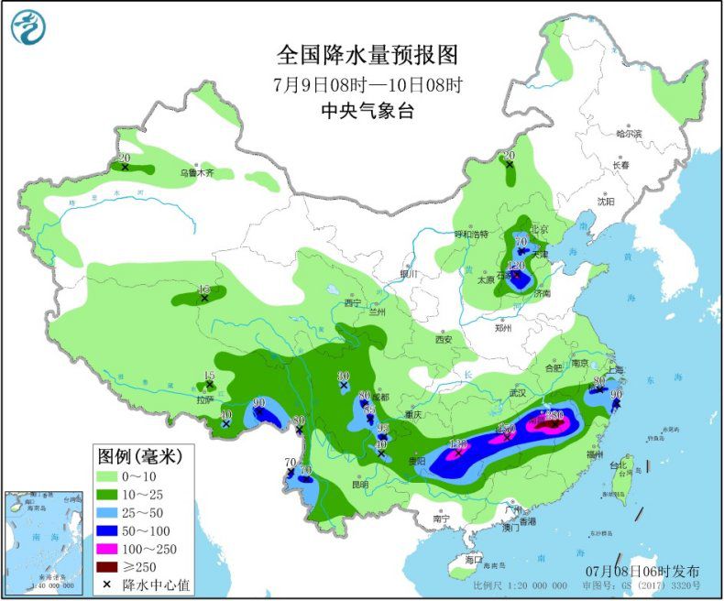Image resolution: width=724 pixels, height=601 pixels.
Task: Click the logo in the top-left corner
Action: [x=28, y=27]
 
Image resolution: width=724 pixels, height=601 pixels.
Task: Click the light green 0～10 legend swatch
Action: [x=114, y=476]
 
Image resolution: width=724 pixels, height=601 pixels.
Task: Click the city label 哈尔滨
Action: [x=629, y=134]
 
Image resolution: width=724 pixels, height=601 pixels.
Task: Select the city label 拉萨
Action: [x=204, y=399]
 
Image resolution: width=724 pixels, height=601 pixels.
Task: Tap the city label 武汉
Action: [x=520, y=392]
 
